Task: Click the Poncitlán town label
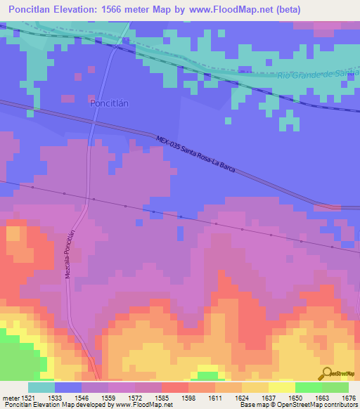pos(110,103)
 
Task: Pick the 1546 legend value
pos(82,398)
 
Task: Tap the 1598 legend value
pos(188,398)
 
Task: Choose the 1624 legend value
pos(242,398)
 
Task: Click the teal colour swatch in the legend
pos(41,387)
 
